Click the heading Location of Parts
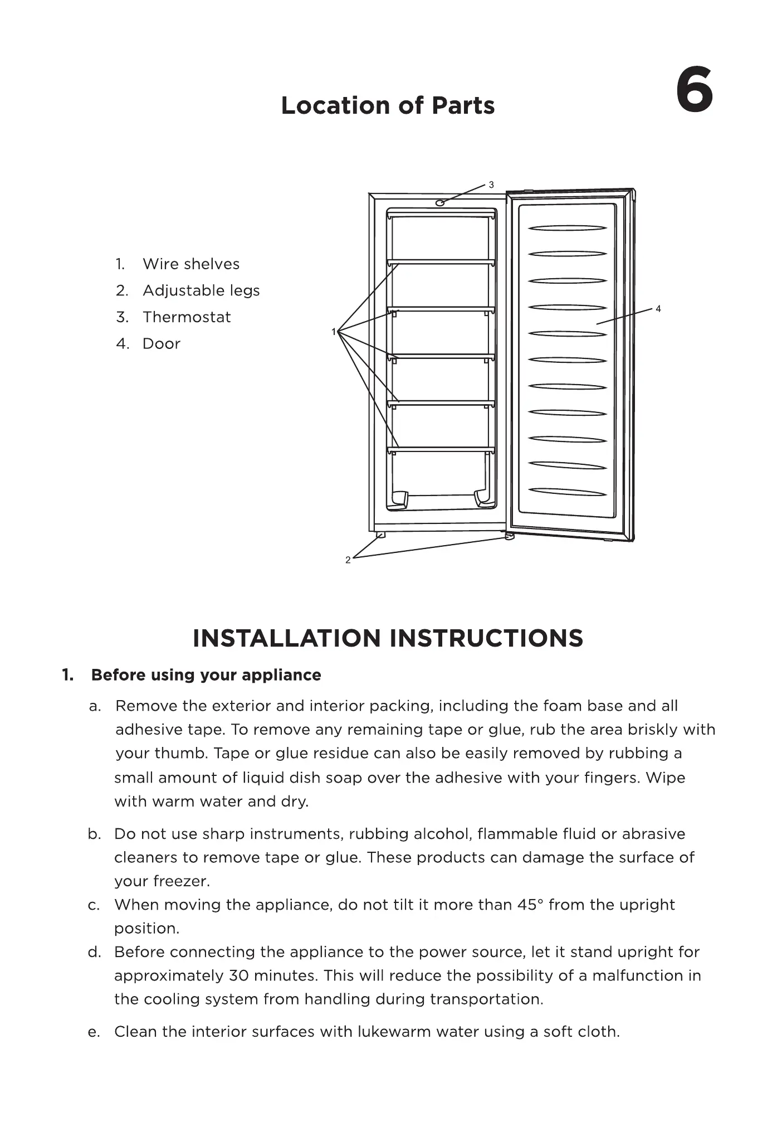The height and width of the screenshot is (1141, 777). click(388, 105)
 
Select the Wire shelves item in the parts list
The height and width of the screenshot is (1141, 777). click(190, 264)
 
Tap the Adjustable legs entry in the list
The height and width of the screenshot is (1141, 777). click(201, 290)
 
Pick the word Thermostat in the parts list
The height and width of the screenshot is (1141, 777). click(186, 317)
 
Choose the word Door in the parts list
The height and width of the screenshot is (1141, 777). click(161, 343)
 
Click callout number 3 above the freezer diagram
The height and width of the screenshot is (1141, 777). click(491, 184)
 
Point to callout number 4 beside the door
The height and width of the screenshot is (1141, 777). click(658, 309)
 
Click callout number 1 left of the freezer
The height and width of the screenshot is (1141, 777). click(334, 332)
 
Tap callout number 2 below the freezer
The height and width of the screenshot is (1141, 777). click(348, 560)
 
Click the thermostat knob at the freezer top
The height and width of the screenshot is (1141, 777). click(440, 203)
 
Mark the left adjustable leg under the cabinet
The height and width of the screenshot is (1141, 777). click(381, 535)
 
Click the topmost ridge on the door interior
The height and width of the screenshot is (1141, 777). click(567, 228)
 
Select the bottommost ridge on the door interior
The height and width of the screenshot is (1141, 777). click(567, 492)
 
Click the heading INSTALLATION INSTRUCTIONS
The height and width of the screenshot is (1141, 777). click(388, 638)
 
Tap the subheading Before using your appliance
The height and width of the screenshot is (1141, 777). click(206, 675)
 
